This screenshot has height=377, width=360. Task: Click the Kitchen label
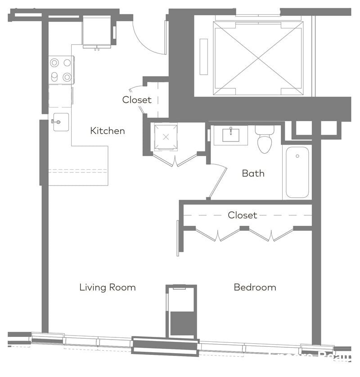(108, 131)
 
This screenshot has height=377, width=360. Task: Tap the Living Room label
(108, 287)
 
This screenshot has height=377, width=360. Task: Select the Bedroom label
(255, 287)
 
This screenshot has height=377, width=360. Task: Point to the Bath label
(253, 173)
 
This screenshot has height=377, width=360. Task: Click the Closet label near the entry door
(137, 100)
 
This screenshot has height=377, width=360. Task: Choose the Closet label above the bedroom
(242, 215)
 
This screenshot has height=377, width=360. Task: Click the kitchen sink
(60, 122)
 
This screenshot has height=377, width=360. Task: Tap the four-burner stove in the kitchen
(61, 70)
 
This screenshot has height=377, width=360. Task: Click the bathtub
(297, 172)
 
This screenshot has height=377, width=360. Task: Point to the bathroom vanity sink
(230, 135)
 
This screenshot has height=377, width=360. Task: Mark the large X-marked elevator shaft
(258, 58)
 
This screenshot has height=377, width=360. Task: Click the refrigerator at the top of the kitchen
(97, 31)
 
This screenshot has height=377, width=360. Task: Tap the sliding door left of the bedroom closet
(178, 238)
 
